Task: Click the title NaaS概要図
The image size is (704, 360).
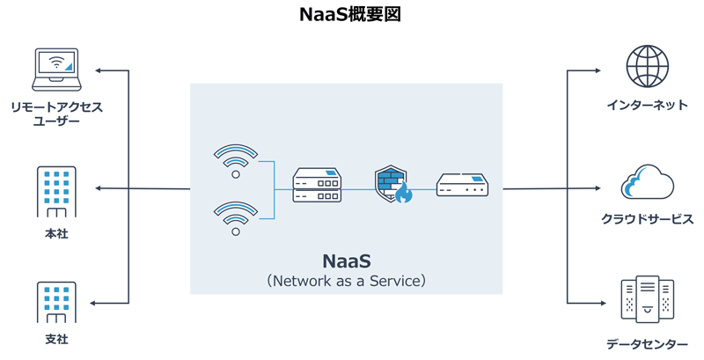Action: tap(350, 15)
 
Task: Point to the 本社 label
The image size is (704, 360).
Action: tap(55, 234)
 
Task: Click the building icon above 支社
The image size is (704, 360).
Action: tap(55, 304)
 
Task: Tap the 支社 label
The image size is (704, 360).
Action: tap(55, 340)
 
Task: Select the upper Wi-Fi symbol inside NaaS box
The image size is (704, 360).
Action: tap(236, 161)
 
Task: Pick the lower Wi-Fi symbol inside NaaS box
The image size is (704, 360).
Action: tap(236, 217)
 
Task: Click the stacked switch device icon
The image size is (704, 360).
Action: tap(316, 188)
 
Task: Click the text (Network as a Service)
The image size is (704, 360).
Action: tap(346, 282)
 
